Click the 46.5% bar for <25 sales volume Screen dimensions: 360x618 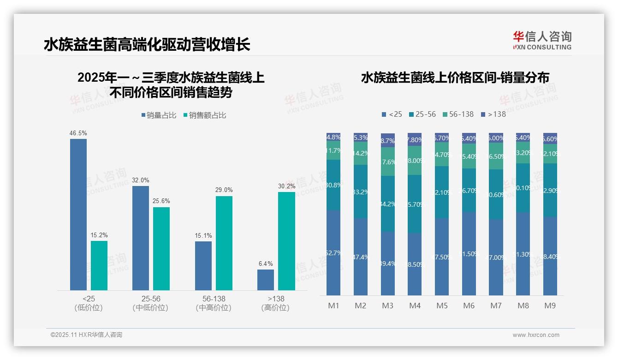[78, 214]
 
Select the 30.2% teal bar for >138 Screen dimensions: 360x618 [286, 241]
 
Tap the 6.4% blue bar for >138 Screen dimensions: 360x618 [266, 280]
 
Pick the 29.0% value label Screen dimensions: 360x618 [224, 190]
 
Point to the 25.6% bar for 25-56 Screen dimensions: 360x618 [161, 248]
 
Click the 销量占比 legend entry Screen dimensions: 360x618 [159, 115]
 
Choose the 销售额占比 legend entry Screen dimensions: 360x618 [205, 115]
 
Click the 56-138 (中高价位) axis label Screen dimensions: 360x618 [214, 303]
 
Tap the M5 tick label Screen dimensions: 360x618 [442, 306]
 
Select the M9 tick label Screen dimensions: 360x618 [550, 306]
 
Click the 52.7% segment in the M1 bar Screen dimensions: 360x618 [333, 253]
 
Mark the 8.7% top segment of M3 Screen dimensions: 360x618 [388, 140]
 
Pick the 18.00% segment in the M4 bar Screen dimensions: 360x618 [415, 160]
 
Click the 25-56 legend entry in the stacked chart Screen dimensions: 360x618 [422, 114]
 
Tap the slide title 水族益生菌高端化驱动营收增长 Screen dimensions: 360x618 [147, 45]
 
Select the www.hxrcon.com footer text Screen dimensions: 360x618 [536, 335]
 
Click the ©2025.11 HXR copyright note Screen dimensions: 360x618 [86, 335]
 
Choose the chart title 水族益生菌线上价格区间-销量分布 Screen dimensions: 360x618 [455, 78]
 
